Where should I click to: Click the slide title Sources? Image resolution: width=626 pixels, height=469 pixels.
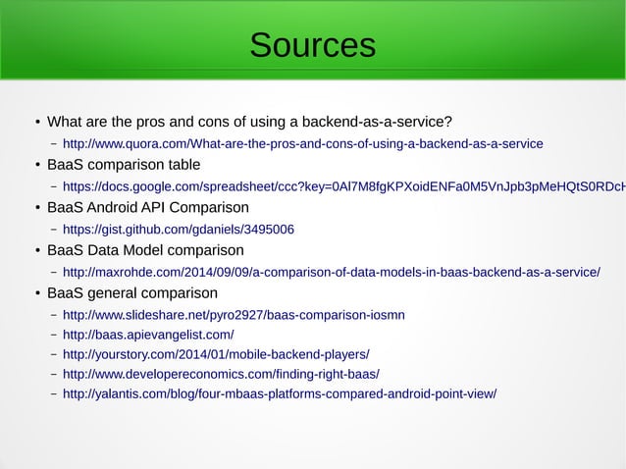click(x=312, y=45)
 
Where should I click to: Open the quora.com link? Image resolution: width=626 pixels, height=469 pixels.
click(x=302, y=144)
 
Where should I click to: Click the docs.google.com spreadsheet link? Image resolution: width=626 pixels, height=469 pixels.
click(x=343, y=186)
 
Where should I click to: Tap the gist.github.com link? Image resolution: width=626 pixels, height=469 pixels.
click(x=178, y=230)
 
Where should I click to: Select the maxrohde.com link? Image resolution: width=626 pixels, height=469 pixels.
click(x=331, y=272)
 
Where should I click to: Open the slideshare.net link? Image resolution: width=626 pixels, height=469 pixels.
click(x=234, y=315)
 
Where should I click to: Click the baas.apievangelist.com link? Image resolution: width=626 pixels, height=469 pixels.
click(x=148, y=335)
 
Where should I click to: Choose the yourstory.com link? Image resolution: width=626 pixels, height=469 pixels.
click(x=216, y=354)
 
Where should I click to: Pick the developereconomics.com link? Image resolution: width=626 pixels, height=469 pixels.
click(x=221, y=374)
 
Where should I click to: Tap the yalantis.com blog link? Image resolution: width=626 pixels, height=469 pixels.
click(x=280, y=393)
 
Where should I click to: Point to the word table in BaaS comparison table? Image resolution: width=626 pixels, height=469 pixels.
click(x=182, y=165)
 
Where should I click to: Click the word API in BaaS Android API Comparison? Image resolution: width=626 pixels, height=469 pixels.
click(x=167, y=208)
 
